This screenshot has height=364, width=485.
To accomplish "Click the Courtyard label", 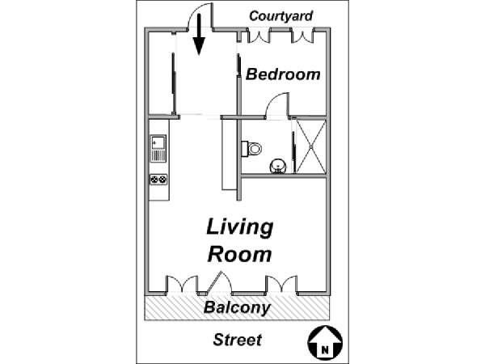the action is (280, 16).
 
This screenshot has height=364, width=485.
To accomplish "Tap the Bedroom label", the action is (283, 74).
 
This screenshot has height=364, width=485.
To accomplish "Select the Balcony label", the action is (237, 307).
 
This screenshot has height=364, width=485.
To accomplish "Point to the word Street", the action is (237, 340).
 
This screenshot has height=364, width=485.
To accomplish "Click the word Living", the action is (240, 228).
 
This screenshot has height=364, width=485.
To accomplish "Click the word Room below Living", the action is (240, 255).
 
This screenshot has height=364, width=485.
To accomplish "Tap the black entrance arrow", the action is (199, 35).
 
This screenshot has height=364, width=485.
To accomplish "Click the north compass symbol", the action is (325, 342).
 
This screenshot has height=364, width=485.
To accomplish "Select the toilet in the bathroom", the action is (251, 149).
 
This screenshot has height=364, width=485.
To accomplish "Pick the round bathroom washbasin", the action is (278, 167).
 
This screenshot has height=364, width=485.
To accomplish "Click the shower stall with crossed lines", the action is (311, 146).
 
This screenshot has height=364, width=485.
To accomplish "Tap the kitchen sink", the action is (158, 148).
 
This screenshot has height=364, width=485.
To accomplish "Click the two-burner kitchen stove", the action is (158, 180).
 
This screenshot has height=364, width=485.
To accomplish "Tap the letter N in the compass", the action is (325, 350).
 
